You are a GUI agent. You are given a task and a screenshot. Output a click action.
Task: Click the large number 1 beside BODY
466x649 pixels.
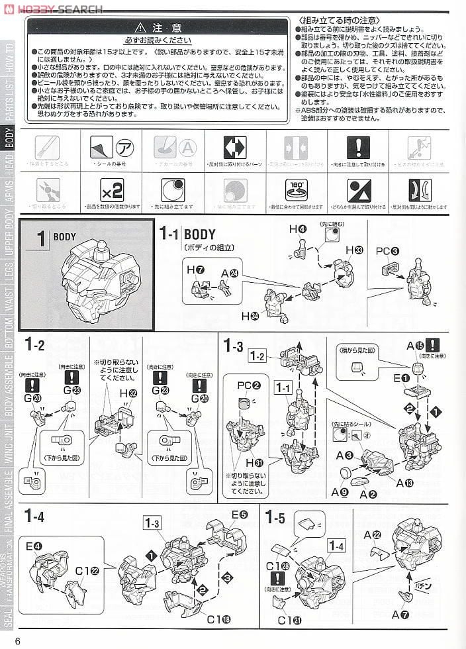40,239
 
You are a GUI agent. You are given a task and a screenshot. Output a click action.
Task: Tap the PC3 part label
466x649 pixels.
387,251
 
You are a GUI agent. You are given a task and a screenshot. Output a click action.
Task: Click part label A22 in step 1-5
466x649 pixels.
372,534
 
